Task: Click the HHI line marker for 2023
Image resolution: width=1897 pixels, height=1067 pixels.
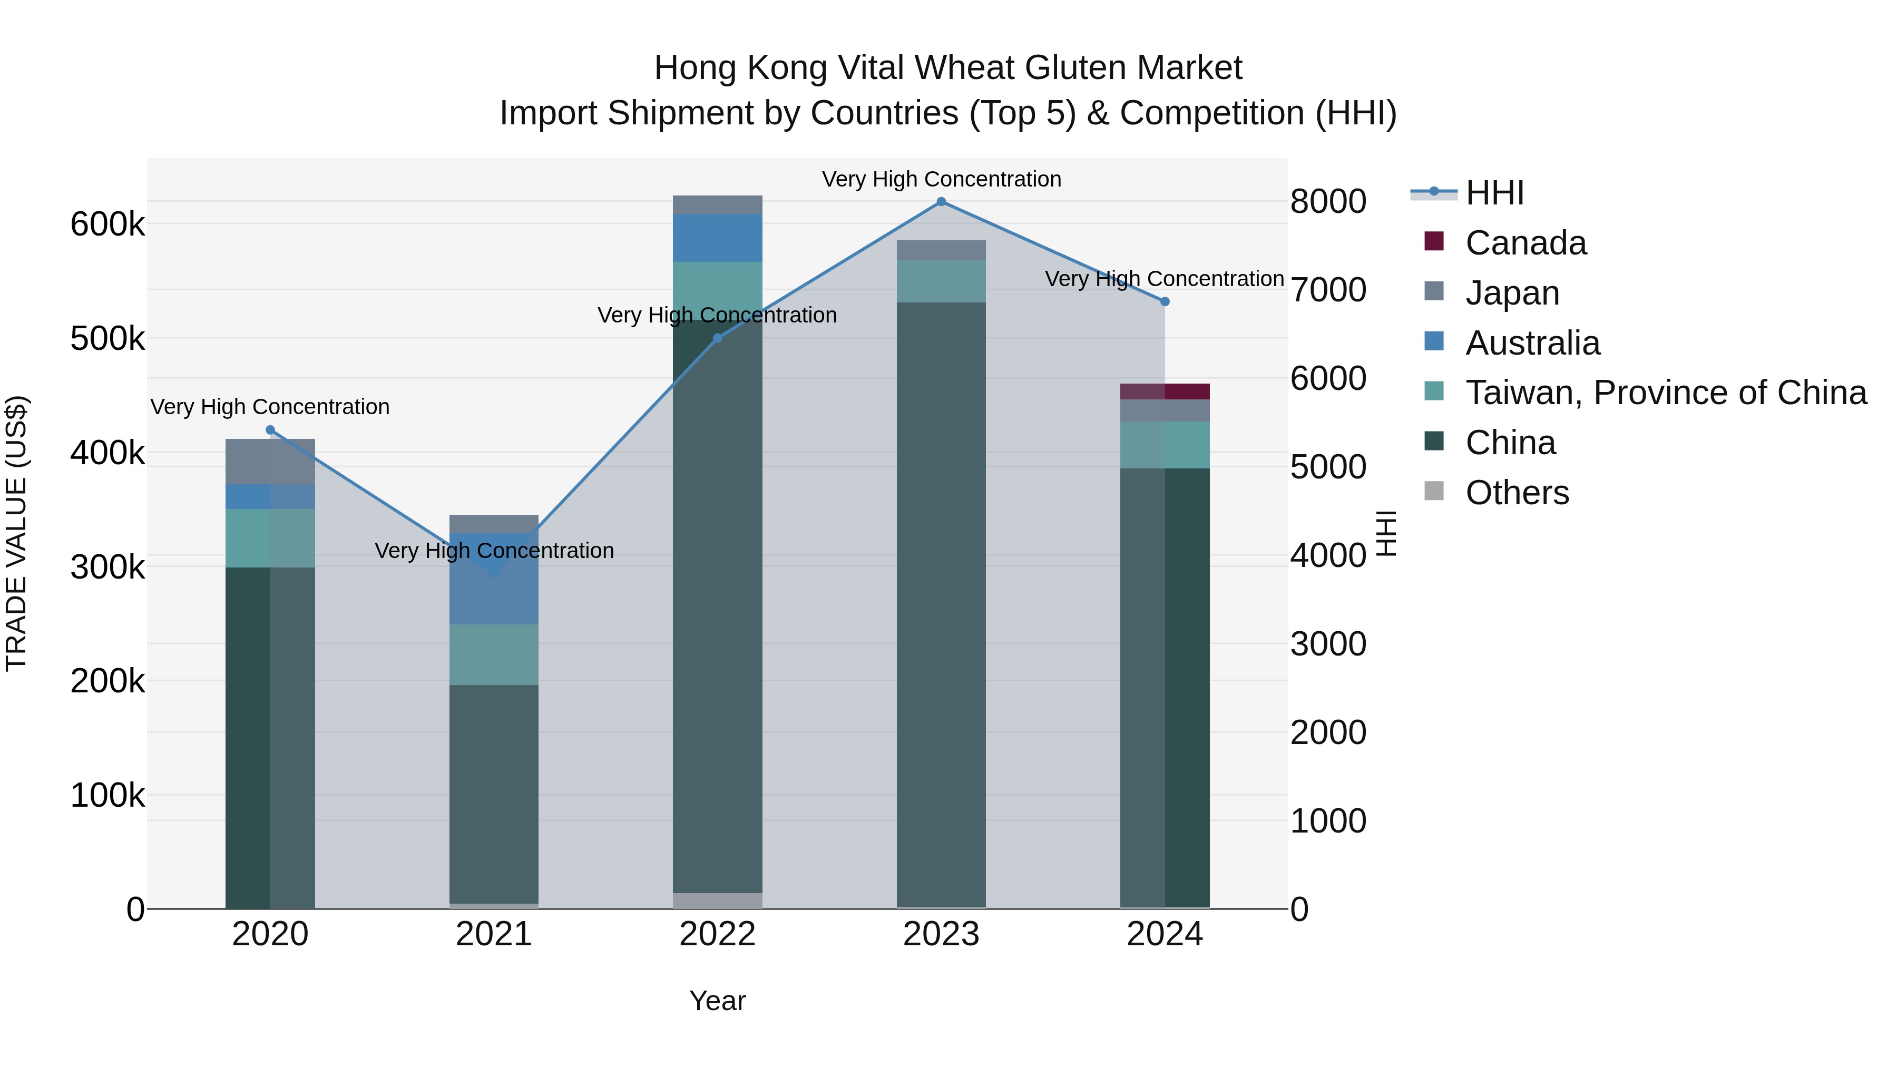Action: [x=941, y=202]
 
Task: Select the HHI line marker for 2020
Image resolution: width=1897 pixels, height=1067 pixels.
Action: [x=270, y=430]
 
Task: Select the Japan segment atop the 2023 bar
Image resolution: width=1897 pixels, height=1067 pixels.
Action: [x=941, y=250]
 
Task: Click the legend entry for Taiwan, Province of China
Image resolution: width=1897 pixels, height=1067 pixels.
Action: [x=1666, y=393]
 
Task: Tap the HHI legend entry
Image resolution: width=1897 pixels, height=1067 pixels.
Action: [x=1494, y=193]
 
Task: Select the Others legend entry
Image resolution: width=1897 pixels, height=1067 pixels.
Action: [x=1517, y=493]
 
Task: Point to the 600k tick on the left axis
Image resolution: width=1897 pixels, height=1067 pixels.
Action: [x=107, y=224]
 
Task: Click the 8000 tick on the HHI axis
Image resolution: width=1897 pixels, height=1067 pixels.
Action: [x=1328, y=202]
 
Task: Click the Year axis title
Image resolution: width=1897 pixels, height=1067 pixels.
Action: [x=717, y=1001]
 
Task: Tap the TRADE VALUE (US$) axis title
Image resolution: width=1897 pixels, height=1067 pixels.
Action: [x=16, y=533]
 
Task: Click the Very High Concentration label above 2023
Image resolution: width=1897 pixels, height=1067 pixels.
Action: [x=941, y=179]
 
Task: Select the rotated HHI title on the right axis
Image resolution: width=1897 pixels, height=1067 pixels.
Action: [x=1386, y=533]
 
